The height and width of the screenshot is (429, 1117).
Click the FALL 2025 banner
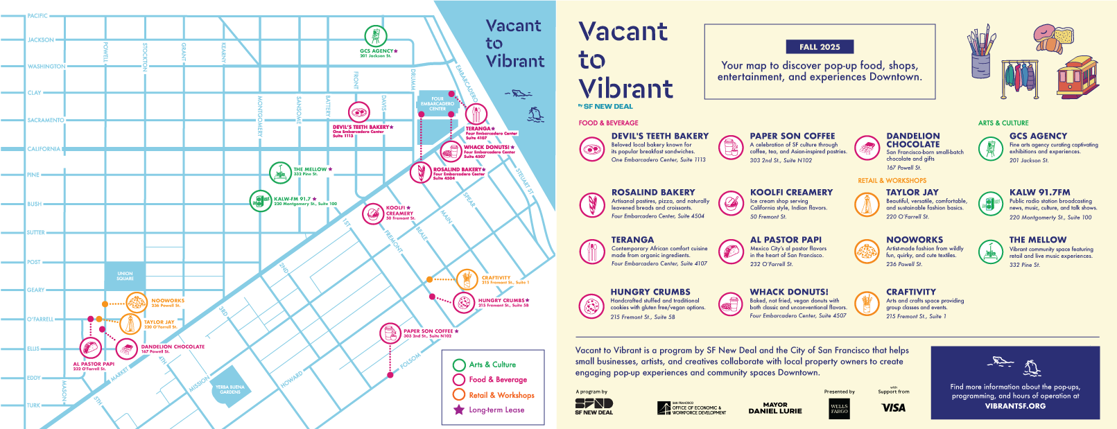819,47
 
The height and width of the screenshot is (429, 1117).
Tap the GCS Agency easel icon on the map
375,35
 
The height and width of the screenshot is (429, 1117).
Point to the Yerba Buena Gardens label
230,389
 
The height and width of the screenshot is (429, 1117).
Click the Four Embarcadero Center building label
438,103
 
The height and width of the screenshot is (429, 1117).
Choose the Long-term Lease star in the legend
458,410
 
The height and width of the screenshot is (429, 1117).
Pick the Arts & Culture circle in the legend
458,365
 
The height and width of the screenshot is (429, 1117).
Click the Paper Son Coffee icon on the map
390,333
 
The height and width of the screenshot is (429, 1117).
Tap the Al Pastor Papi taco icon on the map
91,347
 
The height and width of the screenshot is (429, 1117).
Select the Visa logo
893,408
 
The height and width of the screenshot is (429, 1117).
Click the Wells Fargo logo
839,409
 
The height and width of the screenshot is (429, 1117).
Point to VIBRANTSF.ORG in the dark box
1014,406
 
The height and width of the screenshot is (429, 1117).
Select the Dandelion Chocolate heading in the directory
913,140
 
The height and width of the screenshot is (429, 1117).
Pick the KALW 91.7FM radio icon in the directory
990,203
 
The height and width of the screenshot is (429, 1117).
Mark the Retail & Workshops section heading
892,180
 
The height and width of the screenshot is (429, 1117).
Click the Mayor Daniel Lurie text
774,408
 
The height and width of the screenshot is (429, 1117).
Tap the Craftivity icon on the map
467,280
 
